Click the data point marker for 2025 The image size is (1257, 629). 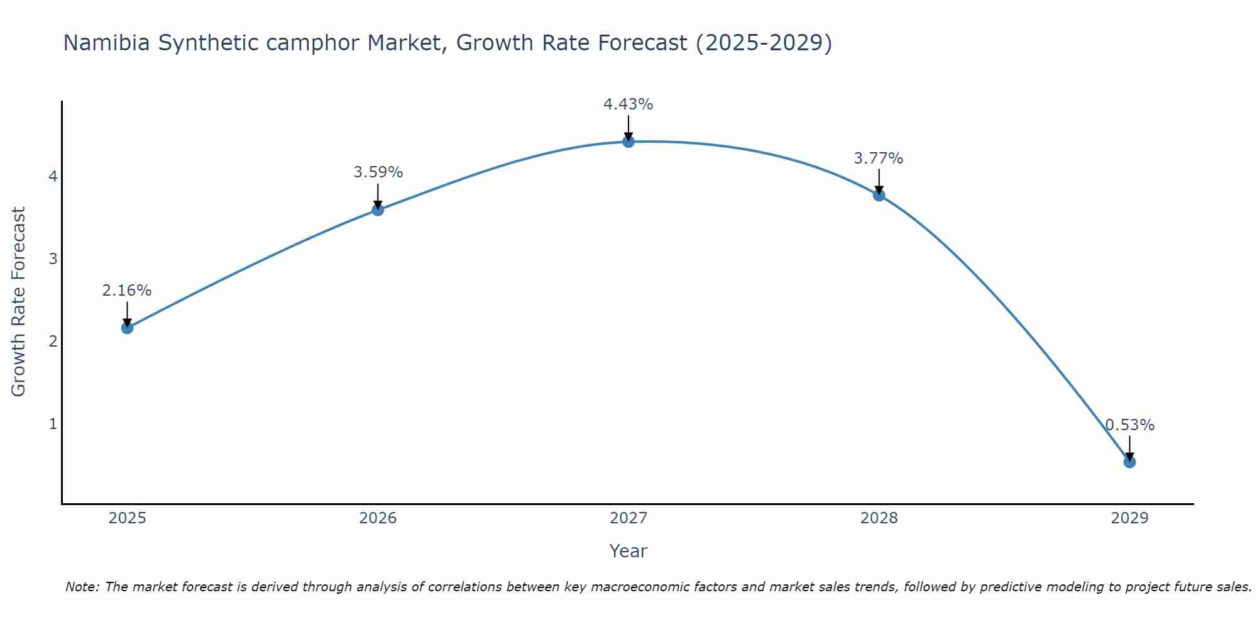127,328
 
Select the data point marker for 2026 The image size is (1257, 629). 378,209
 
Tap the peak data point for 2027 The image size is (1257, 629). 628,142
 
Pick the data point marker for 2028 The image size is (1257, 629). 879,195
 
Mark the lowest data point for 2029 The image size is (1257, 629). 1129,462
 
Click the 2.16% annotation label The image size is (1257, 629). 127,291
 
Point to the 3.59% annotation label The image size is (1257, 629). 378,172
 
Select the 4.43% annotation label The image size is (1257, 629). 628,104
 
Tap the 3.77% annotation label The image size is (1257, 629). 879,159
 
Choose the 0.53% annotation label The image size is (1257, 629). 1129,425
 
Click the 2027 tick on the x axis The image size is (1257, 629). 628,518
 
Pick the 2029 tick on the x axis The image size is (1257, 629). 1129,518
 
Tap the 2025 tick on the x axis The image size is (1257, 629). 127,518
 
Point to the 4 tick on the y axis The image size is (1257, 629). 53,176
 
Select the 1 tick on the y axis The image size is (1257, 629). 53,424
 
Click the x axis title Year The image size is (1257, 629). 628,551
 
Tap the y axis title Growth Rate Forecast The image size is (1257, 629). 19,302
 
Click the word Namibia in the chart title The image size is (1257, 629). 107,43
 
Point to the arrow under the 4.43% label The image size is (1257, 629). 628,128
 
